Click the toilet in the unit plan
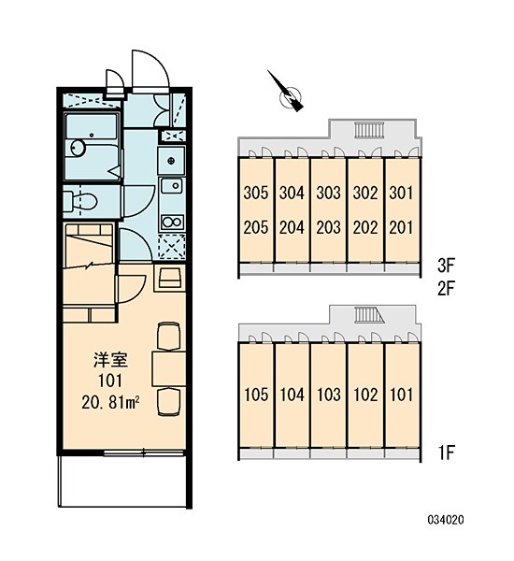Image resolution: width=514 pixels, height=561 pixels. coord(81,201)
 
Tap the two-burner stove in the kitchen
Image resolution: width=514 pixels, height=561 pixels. coord(172,222)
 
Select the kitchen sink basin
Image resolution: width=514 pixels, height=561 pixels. coord(171,186)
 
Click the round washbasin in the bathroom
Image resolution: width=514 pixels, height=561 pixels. coord(78,148)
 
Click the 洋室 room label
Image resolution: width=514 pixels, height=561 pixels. coord(110,360)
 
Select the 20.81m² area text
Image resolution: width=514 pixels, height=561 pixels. coord(110,402)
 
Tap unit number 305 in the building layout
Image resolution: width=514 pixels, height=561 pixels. coord(256,193)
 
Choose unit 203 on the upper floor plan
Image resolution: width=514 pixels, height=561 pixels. coord(328,227)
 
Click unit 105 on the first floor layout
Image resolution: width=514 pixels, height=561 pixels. coord(256,395)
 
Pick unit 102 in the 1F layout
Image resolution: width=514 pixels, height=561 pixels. coord(365,395)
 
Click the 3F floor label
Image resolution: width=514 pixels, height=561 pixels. coord(446,266)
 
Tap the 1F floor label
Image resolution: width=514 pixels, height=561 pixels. coord(446,453)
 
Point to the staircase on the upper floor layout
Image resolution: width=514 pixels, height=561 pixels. coord(369,130)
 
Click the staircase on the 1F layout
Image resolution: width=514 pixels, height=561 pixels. coord(369,315)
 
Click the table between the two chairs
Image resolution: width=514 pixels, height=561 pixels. coord(169,369)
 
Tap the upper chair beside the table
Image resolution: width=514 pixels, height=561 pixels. coord(169,336)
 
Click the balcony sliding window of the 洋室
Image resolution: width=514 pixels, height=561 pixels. coord(144,453)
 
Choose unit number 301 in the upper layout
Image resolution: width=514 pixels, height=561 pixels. coord(401,193)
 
